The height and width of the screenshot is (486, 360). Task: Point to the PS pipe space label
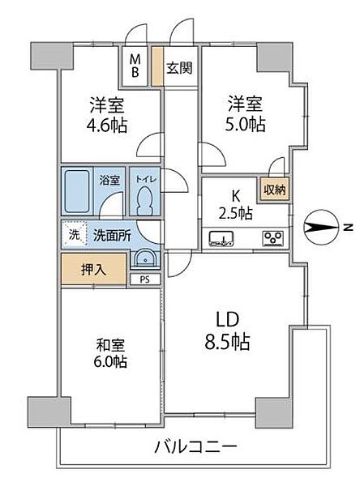(x=145, y=281)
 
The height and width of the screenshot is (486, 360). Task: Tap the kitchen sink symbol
(x=221, y=238)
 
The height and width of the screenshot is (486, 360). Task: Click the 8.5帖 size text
(x=226, y=342)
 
